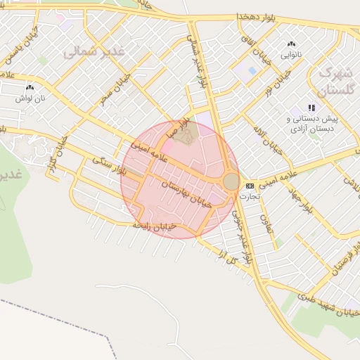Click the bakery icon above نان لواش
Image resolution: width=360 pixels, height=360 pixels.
click(30, 87)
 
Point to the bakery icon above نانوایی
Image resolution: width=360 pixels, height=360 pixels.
click(291, 44)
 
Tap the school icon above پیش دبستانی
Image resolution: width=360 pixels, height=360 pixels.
click(311, 108)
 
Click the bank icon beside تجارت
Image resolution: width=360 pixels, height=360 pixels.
click(250, 186)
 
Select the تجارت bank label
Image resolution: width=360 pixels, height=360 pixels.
click(250, 196)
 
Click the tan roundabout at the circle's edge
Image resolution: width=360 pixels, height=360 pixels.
click(231, 181)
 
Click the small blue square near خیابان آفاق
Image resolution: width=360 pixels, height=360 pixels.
click(252, 70)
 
